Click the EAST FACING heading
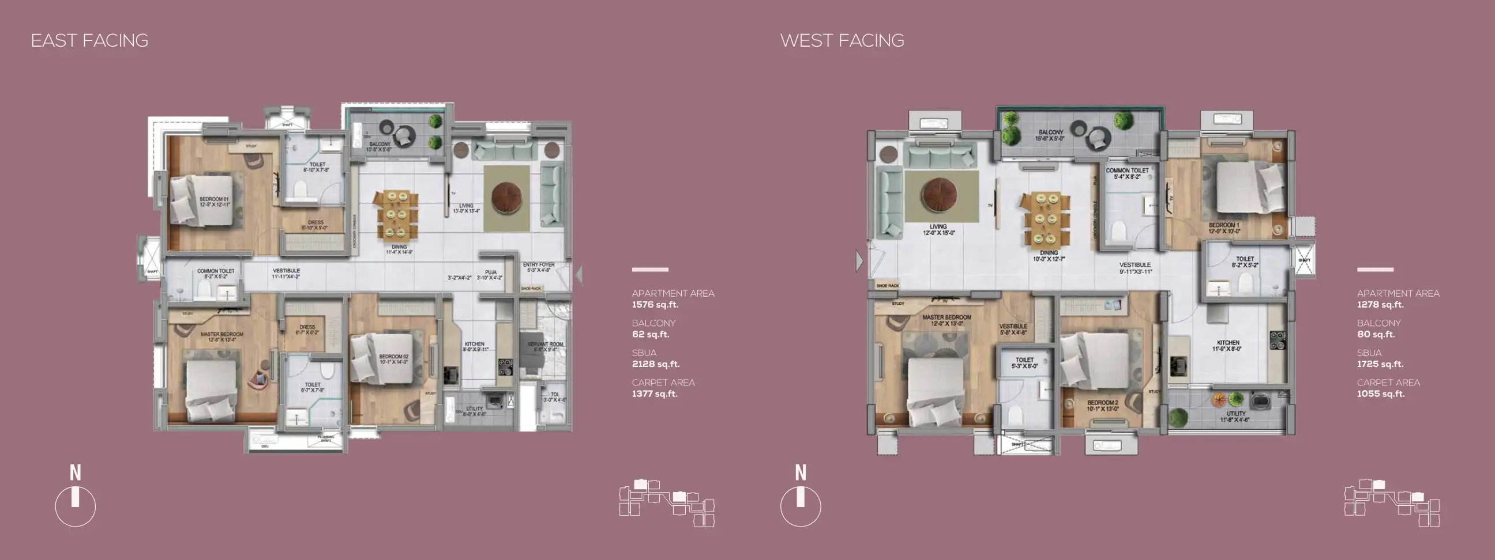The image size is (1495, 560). coord(89,40)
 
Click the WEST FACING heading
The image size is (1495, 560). coord(842,40)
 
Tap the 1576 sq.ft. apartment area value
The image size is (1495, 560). coord(655,304)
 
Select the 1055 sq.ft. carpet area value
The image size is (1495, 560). coord(1380,393)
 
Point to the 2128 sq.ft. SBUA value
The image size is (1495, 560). coord(655,364)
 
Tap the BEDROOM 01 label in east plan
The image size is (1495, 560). coord(214,199)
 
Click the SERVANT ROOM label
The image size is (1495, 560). coord(544,345)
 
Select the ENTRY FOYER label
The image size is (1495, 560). coord(538,265)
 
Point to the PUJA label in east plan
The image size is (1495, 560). coord(491,272)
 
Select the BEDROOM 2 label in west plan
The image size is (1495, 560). coord(1102,402)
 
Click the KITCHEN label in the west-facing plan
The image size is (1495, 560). coord(1228,343)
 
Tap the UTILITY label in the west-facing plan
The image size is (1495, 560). coord(1235,414)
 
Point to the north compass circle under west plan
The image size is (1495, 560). coord(801,506)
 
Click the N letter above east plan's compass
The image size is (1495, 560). coord(76,473)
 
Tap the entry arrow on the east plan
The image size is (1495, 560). coord(579,274)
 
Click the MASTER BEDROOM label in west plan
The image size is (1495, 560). coord(946,317)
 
